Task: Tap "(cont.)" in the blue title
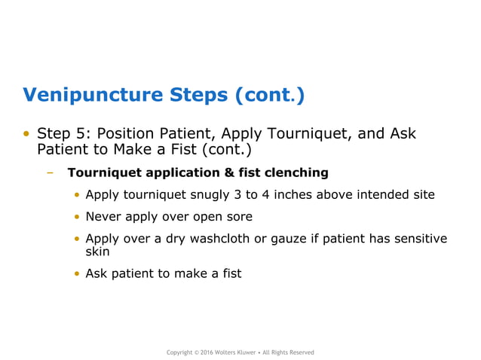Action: point(270,95)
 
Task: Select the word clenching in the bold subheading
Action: point(297,172)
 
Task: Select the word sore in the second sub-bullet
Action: point(238,217)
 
